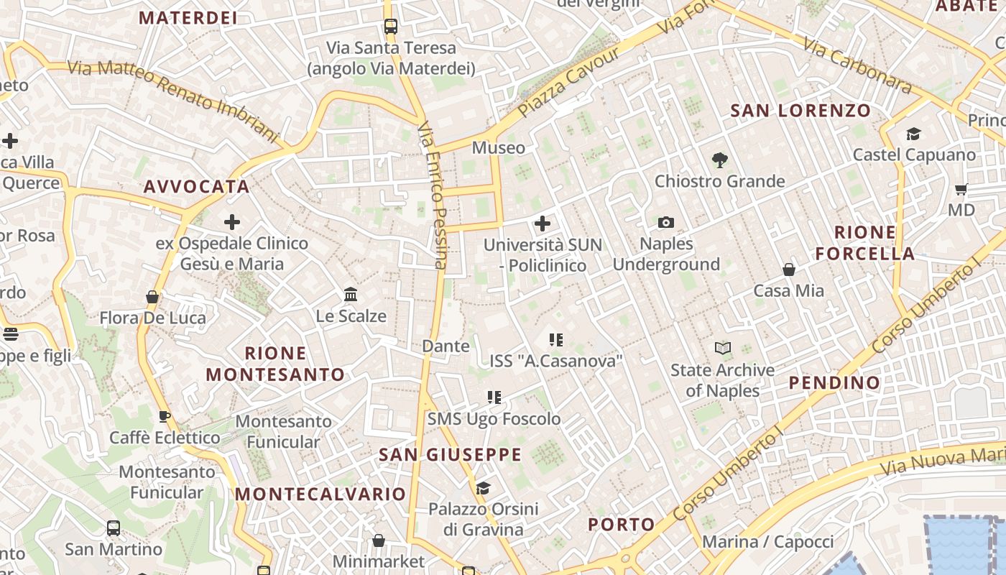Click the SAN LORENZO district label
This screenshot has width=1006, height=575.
pos(800,111)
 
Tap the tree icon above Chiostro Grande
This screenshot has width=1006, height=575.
pos(719,160)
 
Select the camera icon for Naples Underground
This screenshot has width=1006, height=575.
pos(666,223)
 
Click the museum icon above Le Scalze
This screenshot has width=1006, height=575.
pos(351,295)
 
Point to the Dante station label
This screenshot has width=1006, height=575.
pos(446,346)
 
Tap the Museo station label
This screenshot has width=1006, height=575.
pos(498,148)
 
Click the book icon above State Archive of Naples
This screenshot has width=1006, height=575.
pos(722,349)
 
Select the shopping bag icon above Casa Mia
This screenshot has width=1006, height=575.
pos(789,270)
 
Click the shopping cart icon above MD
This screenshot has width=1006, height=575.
pos(961,190)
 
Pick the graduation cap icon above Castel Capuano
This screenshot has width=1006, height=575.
pos(913,134)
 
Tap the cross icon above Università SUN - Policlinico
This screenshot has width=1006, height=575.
pos(543,224)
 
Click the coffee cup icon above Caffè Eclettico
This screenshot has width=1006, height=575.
pos(165,416)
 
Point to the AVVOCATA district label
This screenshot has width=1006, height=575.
pos(196,187)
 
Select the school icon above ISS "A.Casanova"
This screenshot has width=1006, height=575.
pos(555,339)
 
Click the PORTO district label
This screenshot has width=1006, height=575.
pos(622,525)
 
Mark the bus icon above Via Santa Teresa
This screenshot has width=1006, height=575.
pos(390,27)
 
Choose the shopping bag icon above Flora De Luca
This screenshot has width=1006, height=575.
pos(152,296)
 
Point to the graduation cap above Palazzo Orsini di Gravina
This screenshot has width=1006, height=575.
pos(483,489)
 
